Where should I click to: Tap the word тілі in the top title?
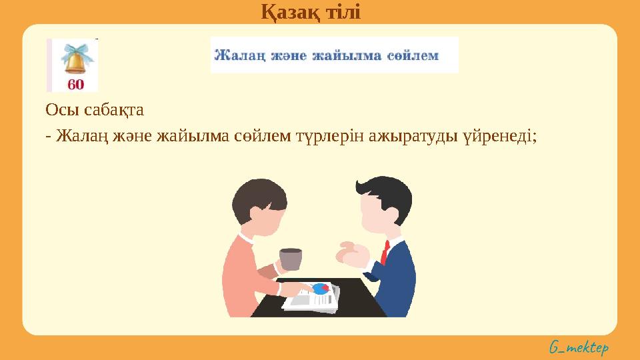tap(343, 11)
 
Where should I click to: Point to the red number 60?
tap(75, 85)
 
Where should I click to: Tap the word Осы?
tap(61, 110)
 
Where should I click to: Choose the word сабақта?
tap(113, 110)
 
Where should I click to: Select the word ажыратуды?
tap(413, 136)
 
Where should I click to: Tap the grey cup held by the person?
tap(291, 259)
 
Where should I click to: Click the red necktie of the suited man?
tap(385, 252)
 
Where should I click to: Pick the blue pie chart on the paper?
tap(321, 288)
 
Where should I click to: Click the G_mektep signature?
tap(579, 348)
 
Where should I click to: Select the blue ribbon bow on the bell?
tap(76, 52)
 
